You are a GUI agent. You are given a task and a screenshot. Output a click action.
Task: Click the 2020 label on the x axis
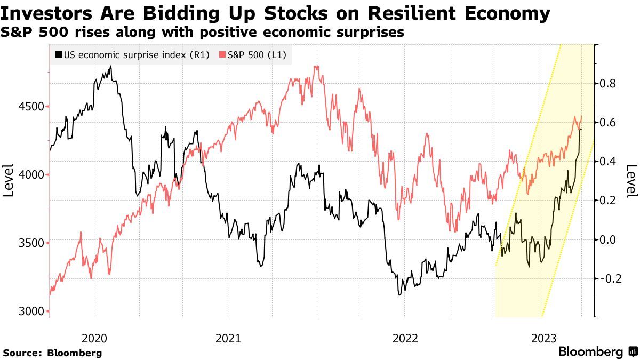click(x=94, y=338)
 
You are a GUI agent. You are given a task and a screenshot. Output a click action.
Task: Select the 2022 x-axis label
click(x=405, y=338)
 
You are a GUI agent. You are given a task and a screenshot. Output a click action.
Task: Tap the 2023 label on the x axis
click(x=545, y=338)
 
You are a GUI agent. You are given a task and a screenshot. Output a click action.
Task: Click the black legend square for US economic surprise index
click(x=58, y=54)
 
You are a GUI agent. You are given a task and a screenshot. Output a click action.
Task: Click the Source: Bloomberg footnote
click(x=52, y=353)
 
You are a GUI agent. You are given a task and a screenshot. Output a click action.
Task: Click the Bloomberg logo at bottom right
click(x=597, y=352)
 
